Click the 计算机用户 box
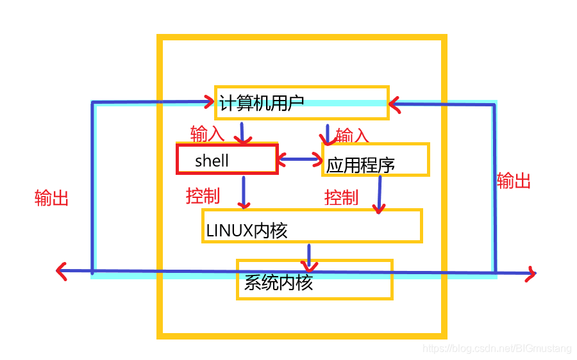tap(301, 102)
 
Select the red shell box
tap(227, 159)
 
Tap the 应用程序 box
tap(375, 160)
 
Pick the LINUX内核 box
tap(312, 225)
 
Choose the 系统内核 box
tap(314, 279)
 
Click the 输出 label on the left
tap(51, 198)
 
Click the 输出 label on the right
tap(514, 181)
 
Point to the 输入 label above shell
tap(207, 134)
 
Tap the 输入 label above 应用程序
tap(353, 135)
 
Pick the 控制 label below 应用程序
tap(341, 197)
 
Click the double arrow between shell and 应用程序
tap(300, 160)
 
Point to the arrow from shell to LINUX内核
tap(244, 192)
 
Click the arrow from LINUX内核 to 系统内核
tap(310, 256)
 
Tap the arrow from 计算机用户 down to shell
tap(242, 133)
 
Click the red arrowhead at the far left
tap(61, 272)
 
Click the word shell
tap(212, 160)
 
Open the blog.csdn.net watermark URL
tap(497, 348)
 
